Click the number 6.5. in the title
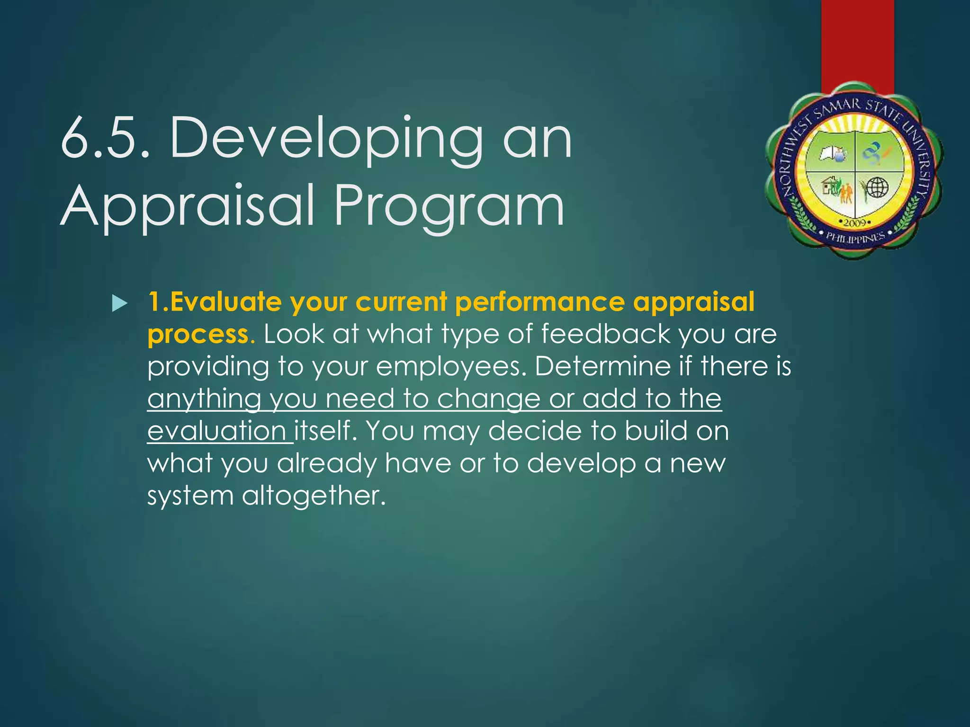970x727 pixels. (105, 139)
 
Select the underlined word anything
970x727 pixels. (204, 399)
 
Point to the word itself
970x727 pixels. (324, 431)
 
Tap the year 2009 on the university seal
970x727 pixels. (855, 222)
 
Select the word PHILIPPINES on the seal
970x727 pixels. (855, 238)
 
